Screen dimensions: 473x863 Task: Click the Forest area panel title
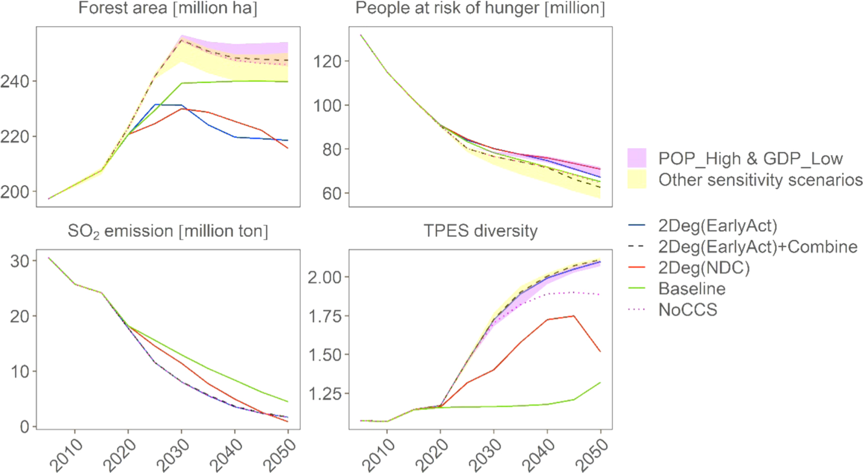[168, 9]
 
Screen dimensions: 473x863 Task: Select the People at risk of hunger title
[480, 9]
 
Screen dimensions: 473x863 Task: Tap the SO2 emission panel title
[168, 231]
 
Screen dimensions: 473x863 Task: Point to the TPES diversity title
[480, 231]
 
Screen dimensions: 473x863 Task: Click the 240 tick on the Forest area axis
[15, 81]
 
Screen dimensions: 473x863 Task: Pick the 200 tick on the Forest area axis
[15, 192]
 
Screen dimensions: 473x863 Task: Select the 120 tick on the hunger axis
[327, 62]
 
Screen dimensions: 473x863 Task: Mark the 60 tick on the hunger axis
[331, 193]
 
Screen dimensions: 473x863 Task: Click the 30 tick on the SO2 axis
[20, 261]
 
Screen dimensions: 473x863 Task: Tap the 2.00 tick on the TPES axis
[324, 277]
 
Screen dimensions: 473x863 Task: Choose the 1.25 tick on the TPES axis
[324, 394]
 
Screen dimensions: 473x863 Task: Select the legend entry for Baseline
[691, 289]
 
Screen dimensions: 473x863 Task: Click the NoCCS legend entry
[687, 310]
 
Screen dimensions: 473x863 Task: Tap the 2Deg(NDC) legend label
[703, 268]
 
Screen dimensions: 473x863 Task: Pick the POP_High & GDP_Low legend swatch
[637, 158]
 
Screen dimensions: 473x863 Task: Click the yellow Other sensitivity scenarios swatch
[637, 179]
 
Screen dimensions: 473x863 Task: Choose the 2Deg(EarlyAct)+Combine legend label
[758, 247]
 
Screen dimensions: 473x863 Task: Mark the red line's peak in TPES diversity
[573, 316]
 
